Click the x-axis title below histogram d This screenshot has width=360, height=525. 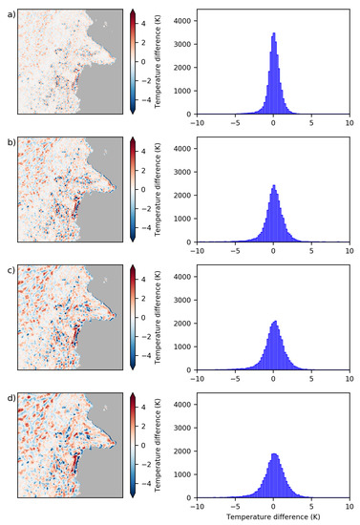[273, 516]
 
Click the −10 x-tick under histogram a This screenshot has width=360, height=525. [197, 121]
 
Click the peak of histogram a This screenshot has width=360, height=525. [274, 34]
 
